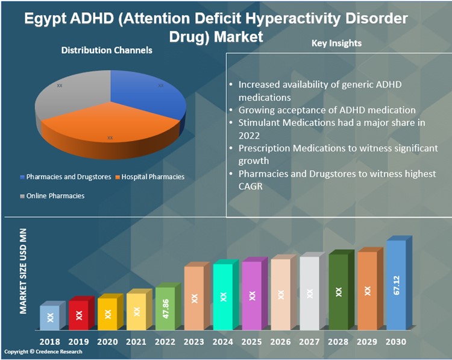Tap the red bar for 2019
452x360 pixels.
click(x=78, y=314)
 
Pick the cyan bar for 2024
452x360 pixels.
click(x=223, y=297)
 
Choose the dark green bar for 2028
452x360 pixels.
click(x=338, y=292)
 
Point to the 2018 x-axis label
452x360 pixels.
click(x=49, y=341)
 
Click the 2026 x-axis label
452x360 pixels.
click(x=280, y=341)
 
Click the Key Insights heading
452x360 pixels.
click(x=337, y=44)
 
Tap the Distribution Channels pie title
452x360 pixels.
click(x=107, y=51)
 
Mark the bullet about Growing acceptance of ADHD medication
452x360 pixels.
click(x=327, y=110)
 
